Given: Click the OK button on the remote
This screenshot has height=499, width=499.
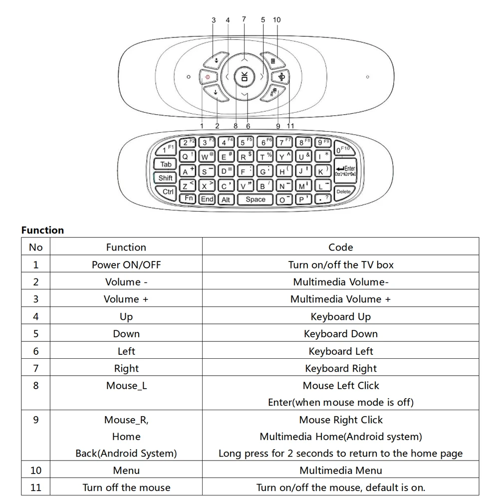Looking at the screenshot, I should tap(244, 77).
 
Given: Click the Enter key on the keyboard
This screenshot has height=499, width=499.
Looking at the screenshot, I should tap(345, 171).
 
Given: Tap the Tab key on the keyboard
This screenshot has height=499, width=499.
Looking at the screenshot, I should tap(166, 164).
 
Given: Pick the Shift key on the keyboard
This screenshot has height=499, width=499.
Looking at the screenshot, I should tap(165, 178).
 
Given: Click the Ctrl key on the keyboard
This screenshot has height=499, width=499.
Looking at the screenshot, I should tap(168, 192).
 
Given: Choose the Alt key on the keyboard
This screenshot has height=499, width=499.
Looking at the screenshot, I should tap(226, 200).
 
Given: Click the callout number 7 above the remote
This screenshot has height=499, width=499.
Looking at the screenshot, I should tap(244, 19).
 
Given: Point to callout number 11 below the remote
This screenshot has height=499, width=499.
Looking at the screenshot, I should tap(290, 126).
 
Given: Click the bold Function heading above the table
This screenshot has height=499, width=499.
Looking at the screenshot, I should tap(42, 230).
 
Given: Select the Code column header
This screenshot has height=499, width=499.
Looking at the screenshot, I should tap(340, 248).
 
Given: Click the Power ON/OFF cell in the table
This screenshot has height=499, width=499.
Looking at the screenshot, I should tap(126, 265).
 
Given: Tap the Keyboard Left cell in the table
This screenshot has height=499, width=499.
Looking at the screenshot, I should tap(340, 351).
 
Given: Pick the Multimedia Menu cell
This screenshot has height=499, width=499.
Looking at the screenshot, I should tap(340, 471).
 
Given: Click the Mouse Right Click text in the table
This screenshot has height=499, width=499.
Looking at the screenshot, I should tap(340, 420).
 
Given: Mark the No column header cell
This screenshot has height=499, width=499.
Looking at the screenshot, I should tap(36, 248).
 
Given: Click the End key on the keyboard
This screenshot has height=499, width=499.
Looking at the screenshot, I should tap(207, 199).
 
